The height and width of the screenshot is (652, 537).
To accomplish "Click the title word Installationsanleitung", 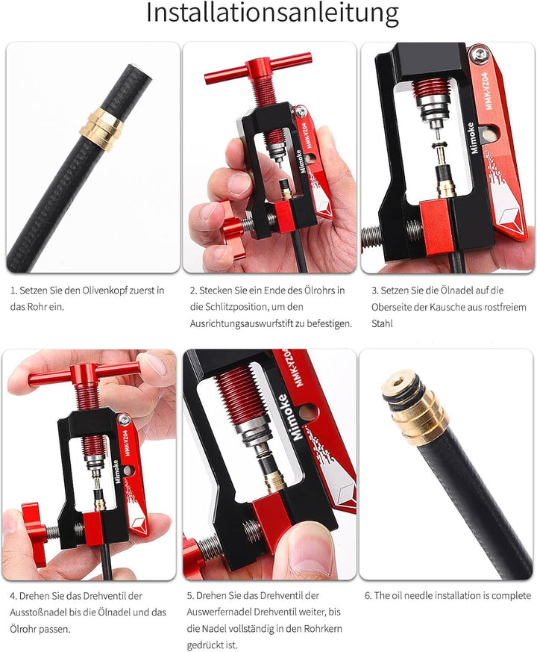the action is coord(272,13).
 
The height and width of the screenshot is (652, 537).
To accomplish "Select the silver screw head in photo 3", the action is coord(480,53).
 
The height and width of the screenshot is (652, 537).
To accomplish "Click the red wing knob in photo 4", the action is coord(35,534).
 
